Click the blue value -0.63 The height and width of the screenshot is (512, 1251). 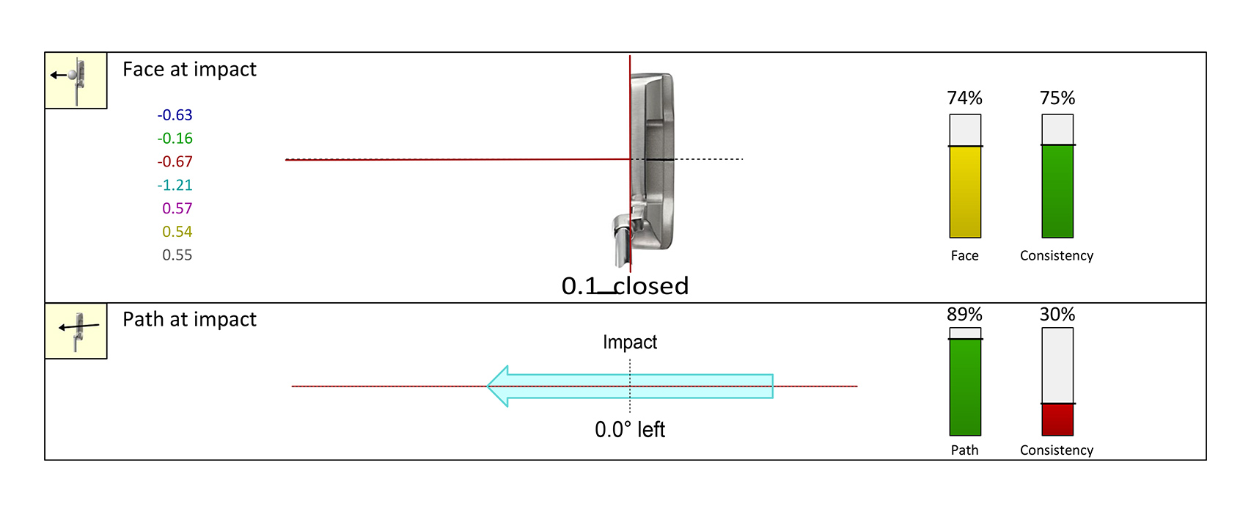pos(175,115)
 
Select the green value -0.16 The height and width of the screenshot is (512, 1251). pos(175,139)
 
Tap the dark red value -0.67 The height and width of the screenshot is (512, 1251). pos(175,162)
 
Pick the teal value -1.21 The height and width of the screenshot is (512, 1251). pos(175,185)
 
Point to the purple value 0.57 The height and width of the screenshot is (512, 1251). pos(177,208)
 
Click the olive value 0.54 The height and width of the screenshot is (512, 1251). pos(177,232)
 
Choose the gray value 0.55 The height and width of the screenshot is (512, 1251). pos(177,255)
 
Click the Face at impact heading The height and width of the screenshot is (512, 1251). pos(189,70)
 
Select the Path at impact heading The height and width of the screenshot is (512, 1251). pos(189,320)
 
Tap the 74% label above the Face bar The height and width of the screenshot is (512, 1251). pos(964,98)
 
